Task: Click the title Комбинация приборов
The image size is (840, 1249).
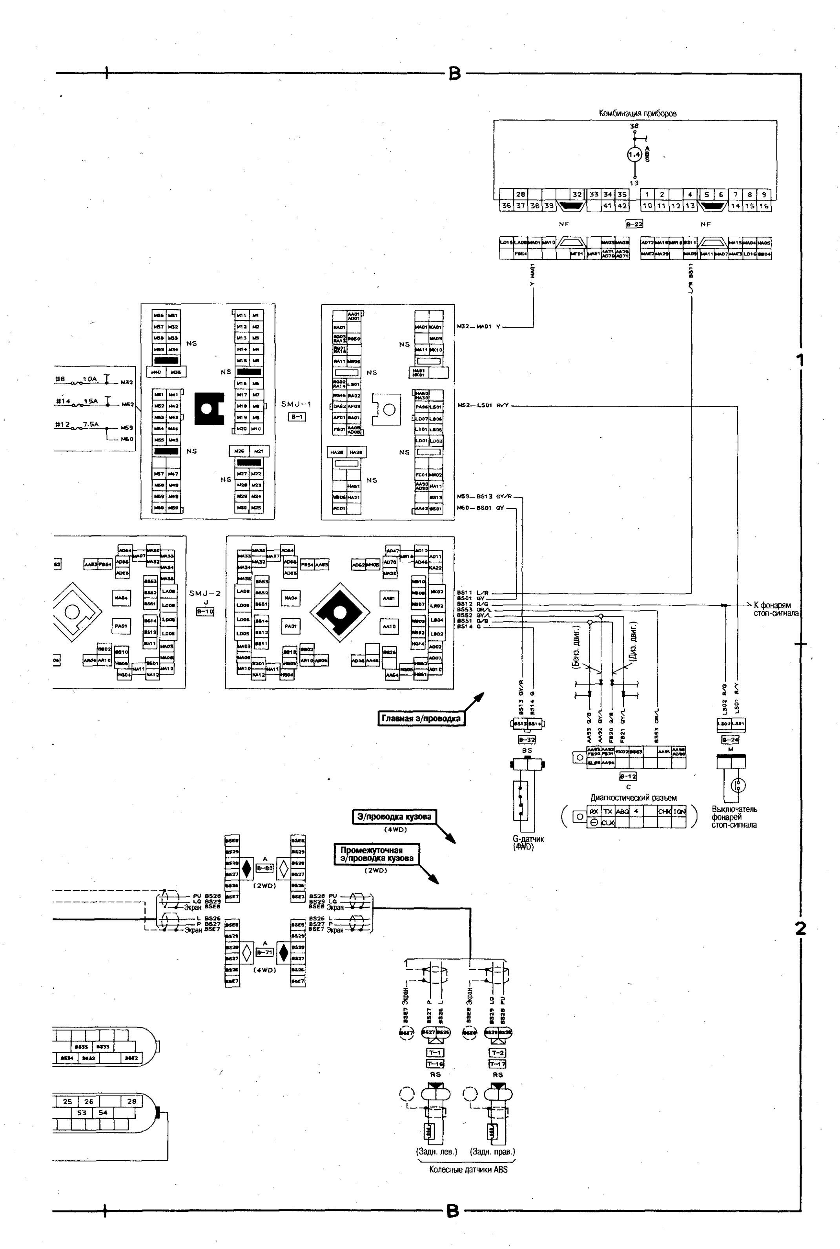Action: coord(638,113)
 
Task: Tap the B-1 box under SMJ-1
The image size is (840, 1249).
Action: coord(297,416)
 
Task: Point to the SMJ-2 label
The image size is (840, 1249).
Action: coord(205,593)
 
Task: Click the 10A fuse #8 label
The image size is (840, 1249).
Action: coord(78,379)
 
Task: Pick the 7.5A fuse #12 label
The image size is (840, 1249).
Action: coord(78,424)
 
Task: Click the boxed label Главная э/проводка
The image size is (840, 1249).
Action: coord(421,719)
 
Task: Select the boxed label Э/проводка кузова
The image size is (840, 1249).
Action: coord(394,816)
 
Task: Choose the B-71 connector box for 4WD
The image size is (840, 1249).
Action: coord(265,952)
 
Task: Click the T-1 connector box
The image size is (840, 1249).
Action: coord(435,1053)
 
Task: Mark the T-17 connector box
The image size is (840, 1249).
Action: coord(497,1064)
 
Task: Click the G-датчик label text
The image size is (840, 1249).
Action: coord(528,839)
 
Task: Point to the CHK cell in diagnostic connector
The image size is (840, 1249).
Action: coord(664,811)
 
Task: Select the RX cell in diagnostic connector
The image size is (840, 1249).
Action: coord(594,811)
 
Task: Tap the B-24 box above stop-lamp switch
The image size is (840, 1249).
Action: coord(730,740)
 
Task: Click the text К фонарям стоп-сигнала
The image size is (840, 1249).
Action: coord(775,609)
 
